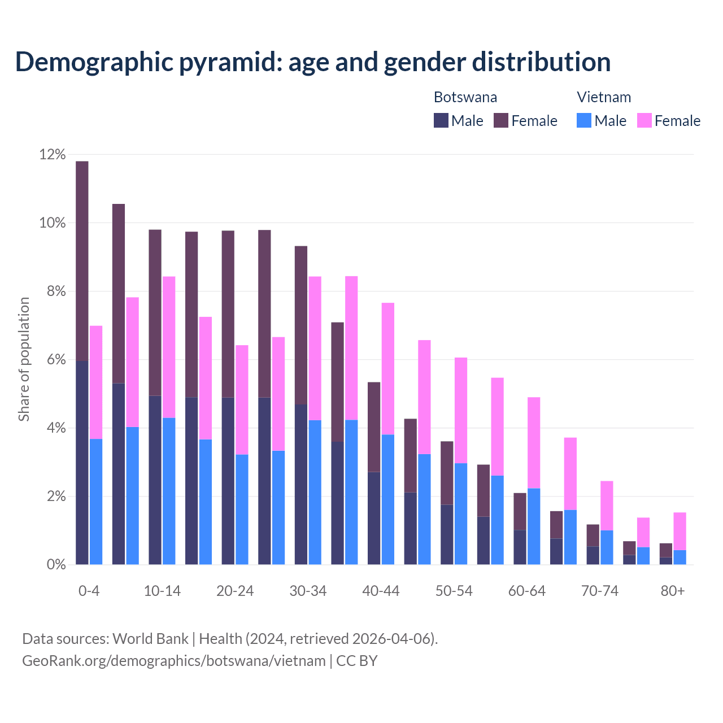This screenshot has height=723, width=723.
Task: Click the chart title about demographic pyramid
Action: point(312,62)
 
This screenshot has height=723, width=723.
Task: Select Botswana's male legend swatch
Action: point(441,120)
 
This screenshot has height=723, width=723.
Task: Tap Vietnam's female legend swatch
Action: point(644,120)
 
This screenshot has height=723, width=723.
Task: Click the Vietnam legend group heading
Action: point(603,97)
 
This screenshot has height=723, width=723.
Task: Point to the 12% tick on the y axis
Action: point(52,154)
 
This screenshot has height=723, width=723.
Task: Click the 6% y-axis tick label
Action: point(55,360)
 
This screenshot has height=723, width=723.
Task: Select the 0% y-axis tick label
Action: point(55,565)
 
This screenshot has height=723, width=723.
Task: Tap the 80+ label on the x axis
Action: point(672,591)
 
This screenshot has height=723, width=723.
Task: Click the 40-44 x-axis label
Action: point(381,591)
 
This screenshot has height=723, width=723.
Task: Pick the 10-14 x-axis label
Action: point(162,591)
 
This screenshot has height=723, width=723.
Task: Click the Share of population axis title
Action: point(24,359)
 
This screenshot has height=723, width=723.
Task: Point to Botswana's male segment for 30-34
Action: point(301,484)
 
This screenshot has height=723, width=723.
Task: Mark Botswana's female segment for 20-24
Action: point(228,314)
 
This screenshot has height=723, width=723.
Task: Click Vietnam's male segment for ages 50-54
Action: point(461,513)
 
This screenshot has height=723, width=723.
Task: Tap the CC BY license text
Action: point(357,661)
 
